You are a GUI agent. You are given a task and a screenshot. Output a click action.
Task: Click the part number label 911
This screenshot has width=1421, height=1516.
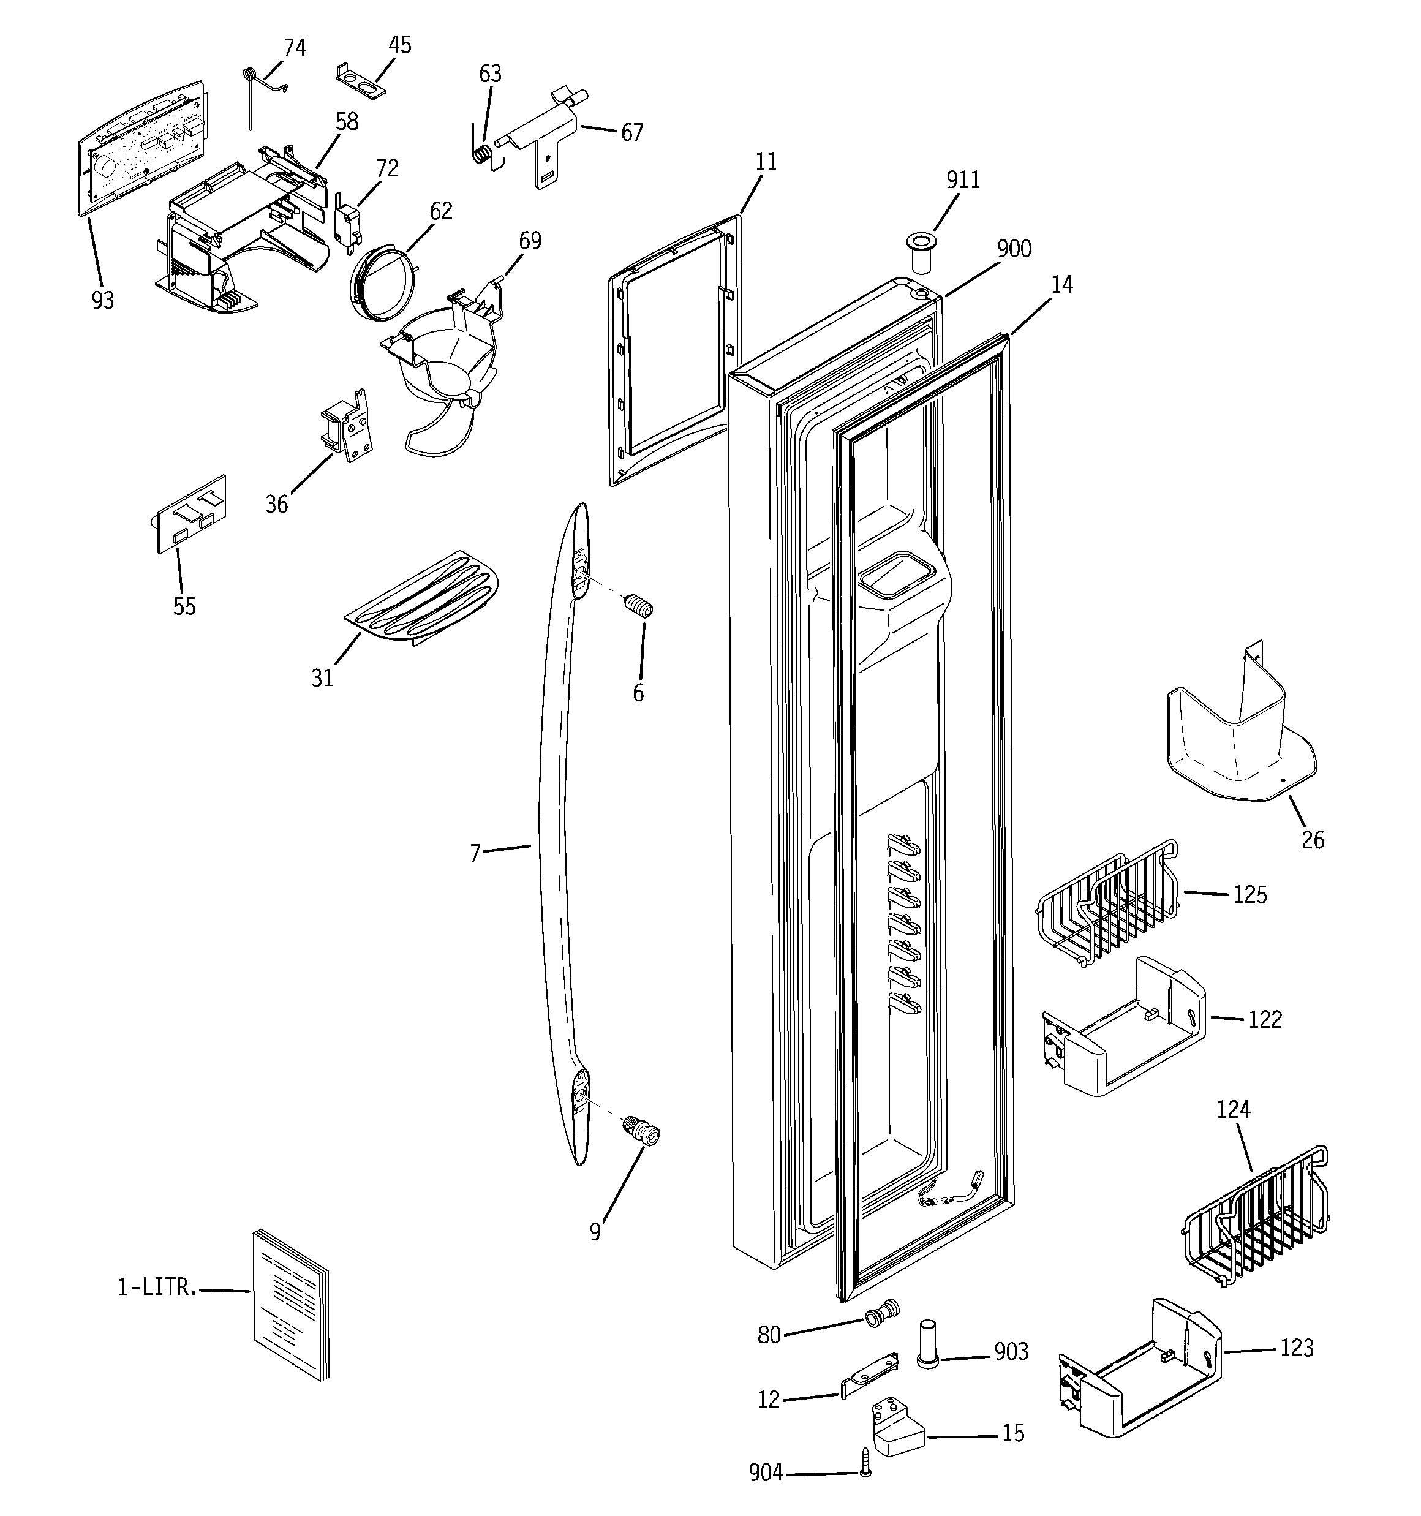[963, 180]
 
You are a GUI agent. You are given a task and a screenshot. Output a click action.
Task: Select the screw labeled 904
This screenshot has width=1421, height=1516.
[865, 1473]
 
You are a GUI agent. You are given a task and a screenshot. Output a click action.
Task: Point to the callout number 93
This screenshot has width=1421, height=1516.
[103, 301]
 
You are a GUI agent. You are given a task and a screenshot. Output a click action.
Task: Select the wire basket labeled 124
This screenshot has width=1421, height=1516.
[1257, 1224]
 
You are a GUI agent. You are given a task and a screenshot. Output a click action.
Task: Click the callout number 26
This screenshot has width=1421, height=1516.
[1312, 840]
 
